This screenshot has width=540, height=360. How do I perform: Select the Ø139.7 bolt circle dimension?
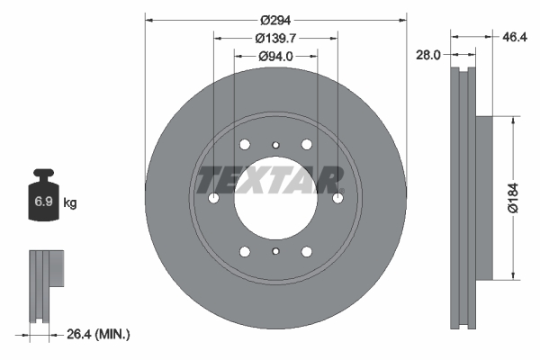pyautogui.click(x=275, y=38)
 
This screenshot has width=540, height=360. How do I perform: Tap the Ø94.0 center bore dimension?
pyautogui.click(x=274, y=56)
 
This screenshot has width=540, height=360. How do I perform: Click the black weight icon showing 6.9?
pyautogui.click(x=42, y=200)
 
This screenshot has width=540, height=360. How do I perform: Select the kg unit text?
pyautogui.click(x=70, y=204)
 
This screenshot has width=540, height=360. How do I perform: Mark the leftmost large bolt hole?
pyautogui.click(x=214, y=199)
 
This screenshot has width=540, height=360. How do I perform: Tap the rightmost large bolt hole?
pyautogui.click(x=338, y=199)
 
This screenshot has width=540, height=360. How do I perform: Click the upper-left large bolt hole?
pyautogui.click(x=245, y=145)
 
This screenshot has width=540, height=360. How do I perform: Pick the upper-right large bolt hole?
pyautogui.click(x=307, y=145)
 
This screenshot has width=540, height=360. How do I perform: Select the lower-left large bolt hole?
pyautogui.click(x=245, y=252)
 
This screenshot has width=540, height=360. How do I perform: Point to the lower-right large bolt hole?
pyautogui.click(x=307, y=252)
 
